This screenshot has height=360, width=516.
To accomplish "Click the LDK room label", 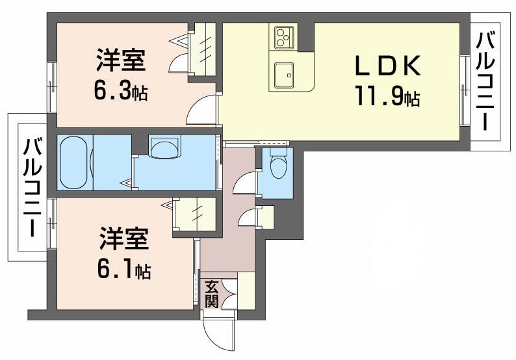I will pos(388,67).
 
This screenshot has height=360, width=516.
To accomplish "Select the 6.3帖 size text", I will pos(121,92).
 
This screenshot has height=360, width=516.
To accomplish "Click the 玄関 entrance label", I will pos(212,294).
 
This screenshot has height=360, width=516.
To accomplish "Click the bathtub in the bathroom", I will pos(75,162).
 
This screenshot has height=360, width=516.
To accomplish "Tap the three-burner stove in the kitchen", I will pos(283,37).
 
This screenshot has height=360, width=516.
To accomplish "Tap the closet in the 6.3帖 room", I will pos(205,49).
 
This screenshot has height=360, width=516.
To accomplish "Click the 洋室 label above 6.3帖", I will pos(120,62).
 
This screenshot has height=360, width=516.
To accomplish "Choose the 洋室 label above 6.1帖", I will pos(124,240).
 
